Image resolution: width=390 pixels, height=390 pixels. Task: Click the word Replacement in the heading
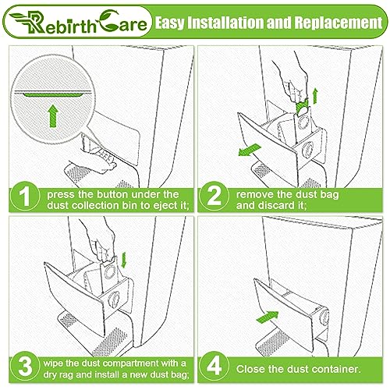click(x=338, y=23)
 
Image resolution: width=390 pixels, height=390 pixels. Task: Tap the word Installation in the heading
click(x=225, y=23)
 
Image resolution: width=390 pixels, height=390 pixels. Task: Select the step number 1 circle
click(x=25, y=197)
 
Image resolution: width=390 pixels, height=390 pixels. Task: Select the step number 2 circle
click(x=214, y=197)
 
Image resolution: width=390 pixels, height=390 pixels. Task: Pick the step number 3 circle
click(x=25, y=367)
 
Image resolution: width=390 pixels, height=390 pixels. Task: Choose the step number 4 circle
click(x=214, y=367)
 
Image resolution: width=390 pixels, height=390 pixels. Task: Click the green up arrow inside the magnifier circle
click(x=53, y=115)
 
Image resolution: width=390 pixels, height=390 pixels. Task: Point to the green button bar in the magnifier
click(x=53, y=94)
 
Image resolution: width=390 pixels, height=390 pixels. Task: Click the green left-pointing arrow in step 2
click(x=249, y=150)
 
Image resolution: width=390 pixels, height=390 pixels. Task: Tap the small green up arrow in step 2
click(x=315, y=96)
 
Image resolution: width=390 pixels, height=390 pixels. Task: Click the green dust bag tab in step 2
click(x=302, y=108)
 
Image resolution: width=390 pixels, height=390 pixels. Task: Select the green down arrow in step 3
click(x=124, y=260)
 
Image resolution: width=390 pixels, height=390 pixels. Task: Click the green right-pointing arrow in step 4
click(x=268, y=317)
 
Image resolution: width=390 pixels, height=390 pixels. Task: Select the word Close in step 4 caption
click(x=250, y=369)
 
